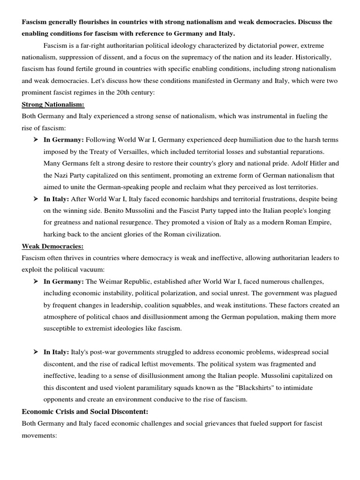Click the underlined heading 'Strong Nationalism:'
pyautogui.click(x=53, y=105)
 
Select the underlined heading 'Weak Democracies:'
pyautogui.click(x=52, y=246)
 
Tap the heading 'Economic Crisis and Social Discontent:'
pyautogui.click(x=85, y=412)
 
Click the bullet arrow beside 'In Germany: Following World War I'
pyautogui.click(x=36, y=140)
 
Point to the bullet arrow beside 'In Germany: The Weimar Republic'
pyautogui.click(x=36, y=282)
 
